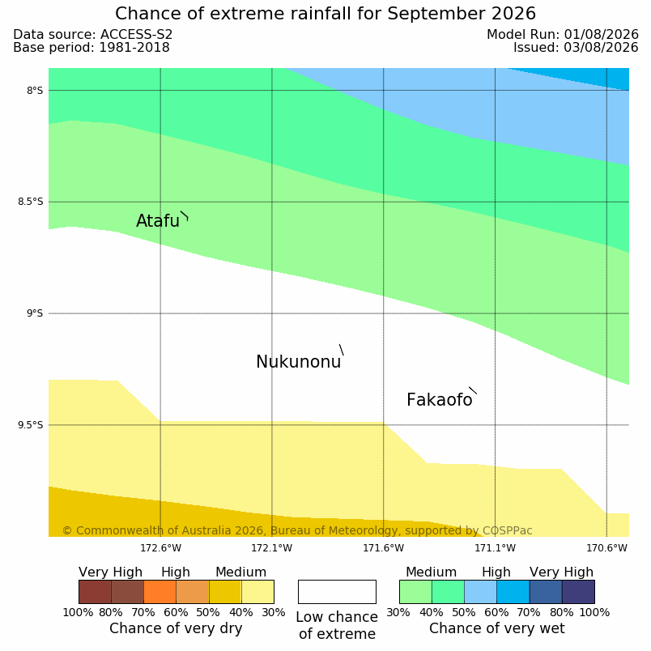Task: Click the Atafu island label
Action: point(158,221)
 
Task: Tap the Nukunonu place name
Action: point(299,362)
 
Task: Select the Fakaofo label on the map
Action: point(439,400)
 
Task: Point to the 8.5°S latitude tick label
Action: point(30,202)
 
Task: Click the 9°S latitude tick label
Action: point(35,313)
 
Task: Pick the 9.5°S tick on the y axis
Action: point(30,425)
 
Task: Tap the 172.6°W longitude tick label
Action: point(160,548)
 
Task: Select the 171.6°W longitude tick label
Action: point(384,548)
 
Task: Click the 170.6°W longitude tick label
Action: point(606,548)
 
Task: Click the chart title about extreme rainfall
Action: point(325,14)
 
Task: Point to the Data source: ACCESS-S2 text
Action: point(93,35)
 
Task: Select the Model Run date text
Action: point(563,35)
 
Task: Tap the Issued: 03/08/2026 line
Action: point(576,48)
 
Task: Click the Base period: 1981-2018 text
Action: point(91,48)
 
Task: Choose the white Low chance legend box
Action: point(337,592)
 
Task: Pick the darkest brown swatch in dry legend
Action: point(95,592)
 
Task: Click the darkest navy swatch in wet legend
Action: point(578,592)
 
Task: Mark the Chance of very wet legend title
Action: point(497,628)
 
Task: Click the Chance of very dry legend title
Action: point(176,628)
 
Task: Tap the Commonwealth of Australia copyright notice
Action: point(297,530)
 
